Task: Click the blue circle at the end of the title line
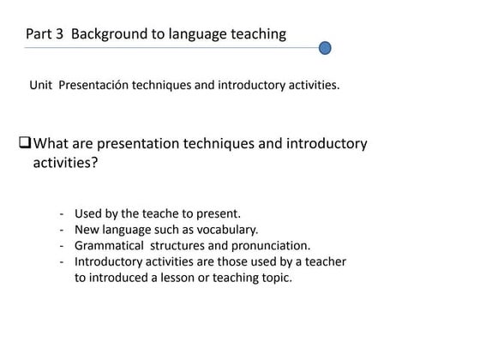(325, 48)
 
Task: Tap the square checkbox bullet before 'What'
(24, 143)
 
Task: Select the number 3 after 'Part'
(60, 34)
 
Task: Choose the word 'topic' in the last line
(274, 278)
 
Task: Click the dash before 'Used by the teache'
(63, 213)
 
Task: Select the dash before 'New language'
(63, 230)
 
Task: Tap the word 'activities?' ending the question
(64, 163)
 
